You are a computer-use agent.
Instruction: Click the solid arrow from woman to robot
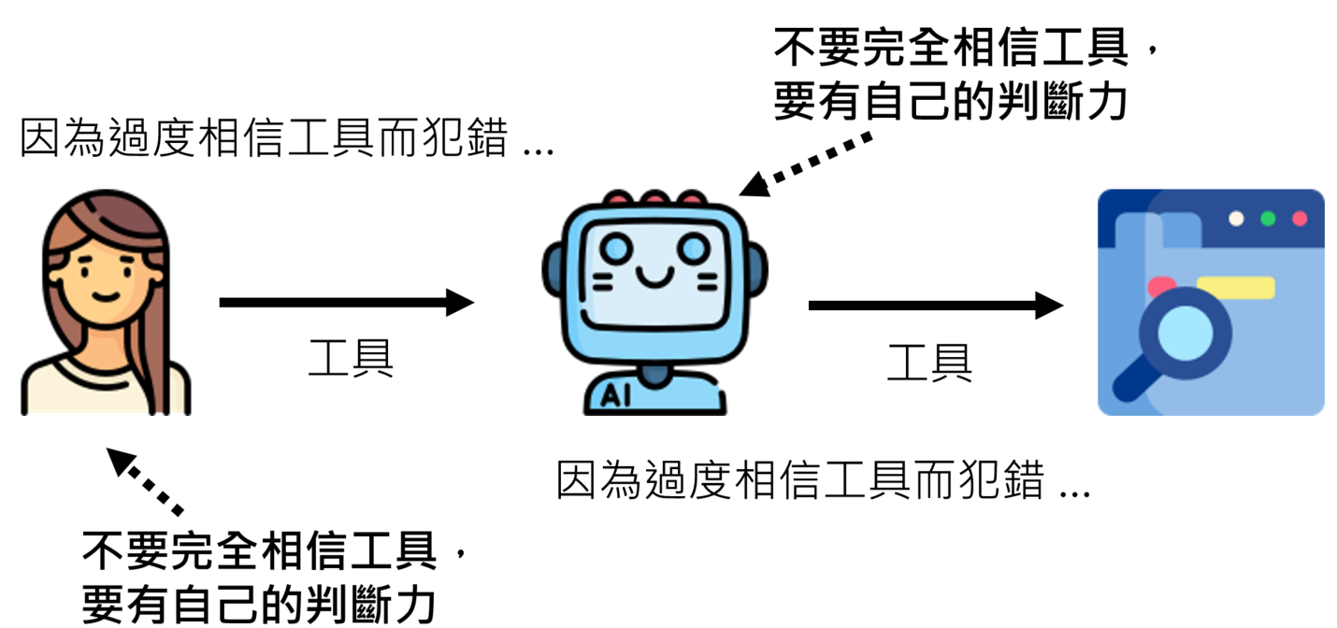pos(346,302)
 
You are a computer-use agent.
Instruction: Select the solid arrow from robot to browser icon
pos(935,306)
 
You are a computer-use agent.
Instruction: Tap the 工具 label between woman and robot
pos(351,358)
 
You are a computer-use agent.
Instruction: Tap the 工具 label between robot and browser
pos(929,363)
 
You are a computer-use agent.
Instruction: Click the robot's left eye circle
pos(617,249)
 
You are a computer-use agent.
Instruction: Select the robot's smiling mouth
pos(654,277)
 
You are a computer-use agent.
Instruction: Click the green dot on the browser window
pos(1268,219)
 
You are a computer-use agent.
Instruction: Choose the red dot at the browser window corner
pos(1300,219)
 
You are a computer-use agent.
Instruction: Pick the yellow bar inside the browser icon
pos(1235,287)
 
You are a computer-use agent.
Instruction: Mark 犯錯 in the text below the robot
pos(1012,482)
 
